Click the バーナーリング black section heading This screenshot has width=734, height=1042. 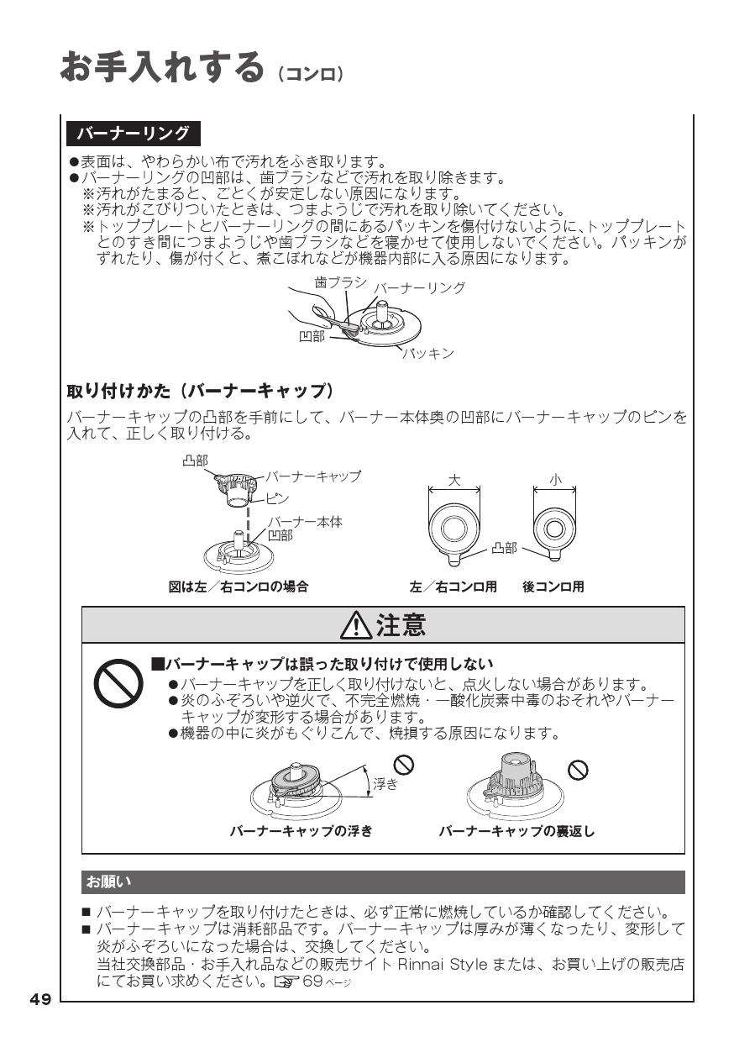click(x=134, y=134)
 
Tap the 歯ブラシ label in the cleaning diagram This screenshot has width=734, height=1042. click(x=339, y=283)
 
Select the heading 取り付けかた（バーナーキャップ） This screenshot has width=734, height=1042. click(x=201, y=392)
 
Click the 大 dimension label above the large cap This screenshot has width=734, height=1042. click(x=454, y=481)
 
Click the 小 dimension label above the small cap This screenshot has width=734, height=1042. click(x=554, y=481)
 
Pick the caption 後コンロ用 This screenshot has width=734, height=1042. click(x=553, y=587)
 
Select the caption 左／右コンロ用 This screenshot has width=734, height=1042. click(x=454, y=587)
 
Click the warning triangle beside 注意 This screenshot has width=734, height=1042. click(x=360, y=626)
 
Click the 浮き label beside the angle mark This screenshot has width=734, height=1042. click(x=385, y=784)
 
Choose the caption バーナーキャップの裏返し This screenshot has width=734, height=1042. click(x=516, y=831)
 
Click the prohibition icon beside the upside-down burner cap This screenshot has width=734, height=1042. click(x=578, y=769)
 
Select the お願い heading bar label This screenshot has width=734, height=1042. click(x=109, y=882)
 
